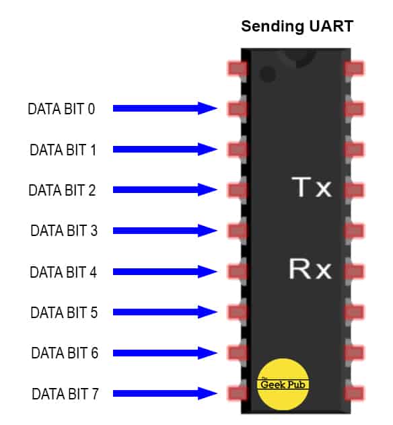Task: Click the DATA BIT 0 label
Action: [61, 108]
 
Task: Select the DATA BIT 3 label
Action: [64, 231]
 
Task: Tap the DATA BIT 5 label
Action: [64, 313]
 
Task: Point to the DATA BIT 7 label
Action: [65, 394]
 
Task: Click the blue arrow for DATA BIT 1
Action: [165, 149]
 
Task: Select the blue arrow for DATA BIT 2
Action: [165, 190]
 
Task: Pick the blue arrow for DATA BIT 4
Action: [165, 272]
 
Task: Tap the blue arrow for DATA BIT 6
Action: [165, 353]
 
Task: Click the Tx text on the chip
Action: [311, 188]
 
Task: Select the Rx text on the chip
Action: [310, 269]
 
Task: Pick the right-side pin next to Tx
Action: [354, 190]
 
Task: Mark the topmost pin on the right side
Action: [354, 68]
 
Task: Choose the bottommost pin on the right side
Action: [354, 393]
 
